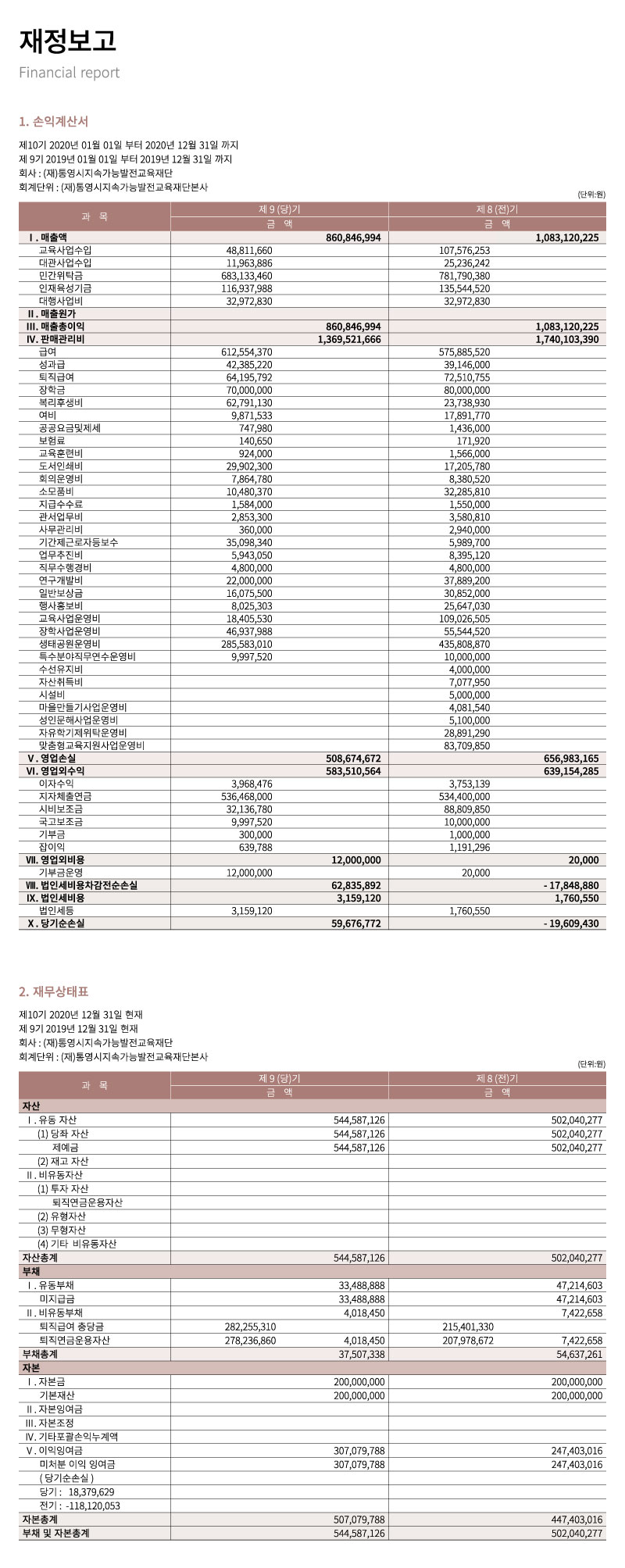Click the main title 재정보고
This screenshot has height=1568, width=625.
click(67, 40)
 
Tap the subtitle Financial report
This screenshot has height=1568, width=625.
click(70, 73)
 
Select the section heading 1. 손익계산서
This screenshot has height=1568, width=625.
click(54, 121)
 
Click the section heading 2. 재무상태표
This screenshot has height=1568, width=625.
click(54, 991)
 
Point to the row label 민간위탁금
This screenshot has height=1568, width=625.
click(61, 276)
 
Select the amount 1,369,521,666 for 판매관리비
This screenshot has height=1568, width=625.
click(349, 339)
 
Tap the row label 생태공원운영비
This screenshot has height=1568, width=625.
click(70, 644)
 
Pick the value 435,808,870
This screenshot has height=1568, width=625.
click(465, 644)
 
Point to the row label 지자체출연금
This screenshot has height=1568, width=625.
click(65, 796)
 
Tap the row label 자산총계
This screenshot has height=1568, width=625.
click(40, 1258)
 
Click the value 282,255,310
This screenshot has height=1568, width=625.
click(249, 1327)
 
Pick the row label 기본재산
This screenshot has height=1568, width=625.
click(57, 1395)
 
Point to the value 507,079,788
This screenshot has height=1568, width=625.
click(359, 1520)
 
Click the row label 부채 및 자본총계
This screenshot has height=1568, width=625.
click(55, 1534)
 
